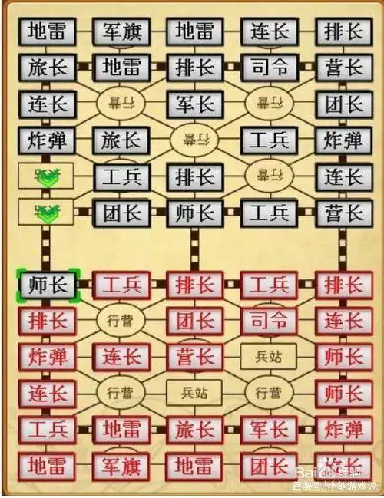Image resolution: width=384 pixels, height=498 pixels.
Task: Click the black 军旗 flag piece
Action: (x=121, y=31)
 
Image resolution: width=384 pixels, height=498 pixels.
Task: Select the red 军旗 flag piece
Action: (x=121, y=465)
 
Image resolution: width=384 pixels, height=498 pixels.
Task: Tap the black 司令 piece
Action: (x=269, y=68)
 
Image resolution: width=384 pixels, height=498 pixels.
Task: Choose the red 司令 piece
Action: (x=269, y=320)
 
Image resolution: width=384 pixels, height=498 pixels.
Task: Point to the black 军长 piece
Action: (x=195, y=104)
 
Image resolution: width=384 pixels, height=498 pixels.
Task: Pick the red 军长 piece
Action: (x=269, y=429)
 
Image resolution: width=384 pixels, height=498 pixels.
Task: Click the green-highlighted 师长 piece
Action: (x=47, y=285)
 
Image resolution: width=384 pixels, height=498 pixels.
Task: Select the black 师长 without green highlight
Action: (x=195, y=212)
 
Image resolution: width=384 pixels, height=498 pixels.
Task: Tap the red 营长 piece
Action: (x=195, y=357)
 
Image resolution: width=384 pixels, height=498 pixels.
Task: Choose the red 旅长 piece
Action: (x=195, y=429)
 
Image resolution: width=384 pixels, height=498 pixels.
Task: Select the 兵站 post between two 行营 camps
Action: (x=195, y=393)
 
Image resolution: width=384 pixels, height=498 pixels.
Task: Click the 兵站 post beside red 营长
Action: (x=269, y=357)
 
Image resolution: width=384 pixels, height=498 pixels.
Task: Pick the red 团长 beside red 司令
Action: (x=195, y=320)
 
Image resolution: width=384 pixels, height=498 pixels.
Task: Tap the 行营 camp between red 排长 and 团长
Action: (x=121, y=320)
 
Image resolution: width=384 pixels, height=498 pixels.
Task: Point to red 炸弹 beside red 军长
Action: (x=343, y=429)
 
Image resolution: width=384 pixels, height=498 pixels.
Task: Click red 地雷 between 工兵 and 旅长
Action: (x=121, y=429)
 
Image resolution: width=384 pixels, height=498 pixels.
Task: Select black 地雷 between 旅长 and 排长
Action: (x=121, y=68)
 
